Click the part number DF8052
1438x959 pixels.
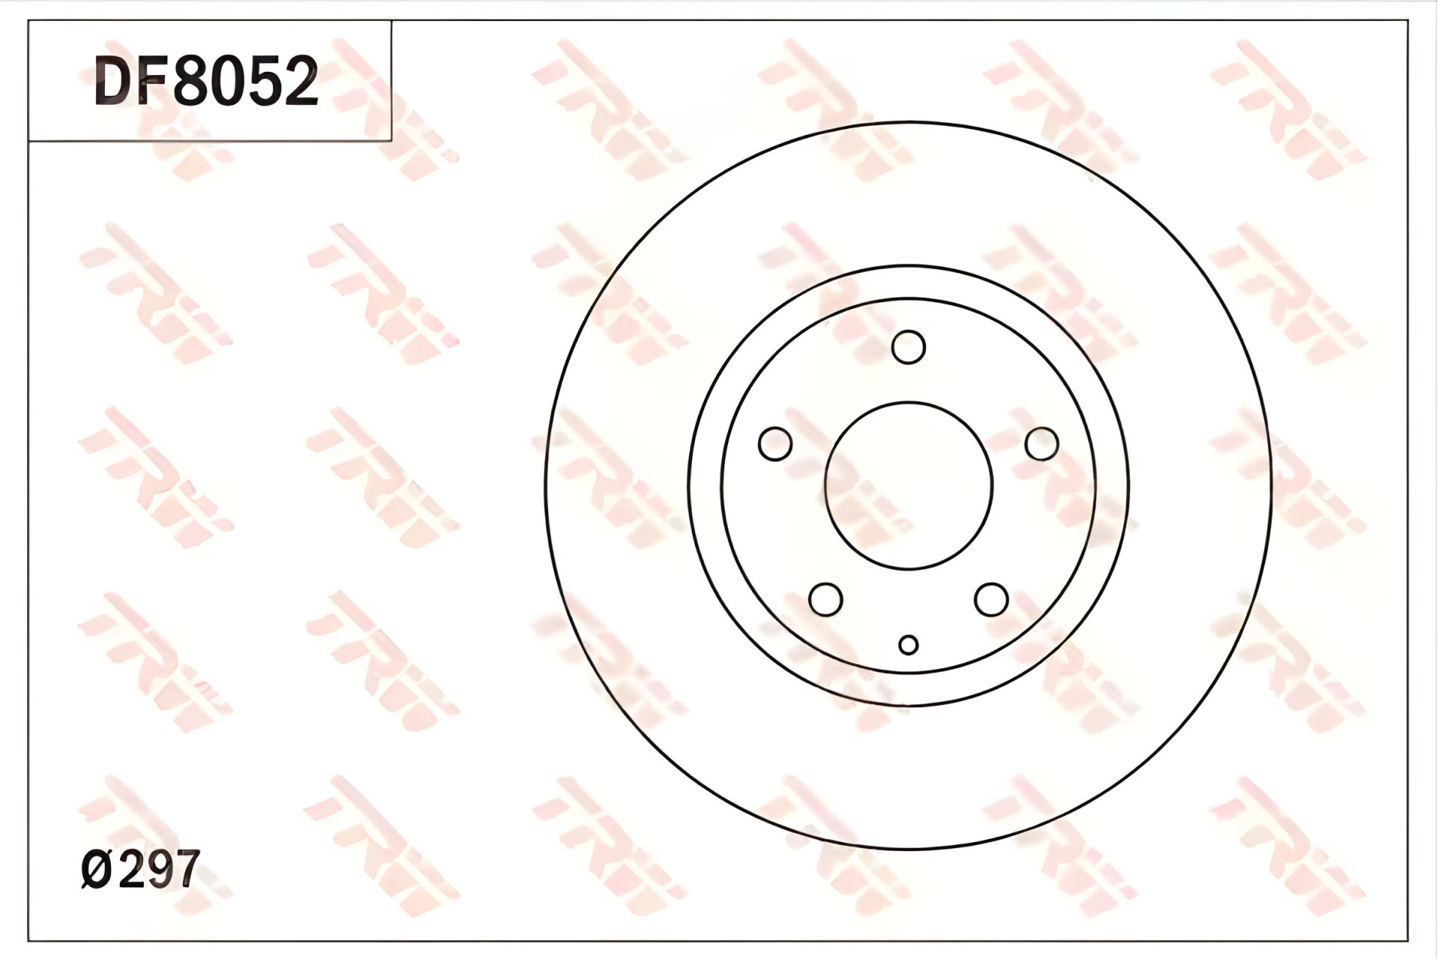(207, 82)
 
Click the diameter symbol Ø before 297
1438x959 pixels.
(97, 870)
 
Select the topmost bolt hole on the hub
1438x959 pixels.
(908, 347)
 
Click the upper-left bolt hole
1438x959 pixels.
(775, 444)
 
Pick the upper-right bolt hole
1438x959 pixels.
(1042, 444)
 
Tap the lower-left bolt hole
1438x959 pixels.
(826, 599)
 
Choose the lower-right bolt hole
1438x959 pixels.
(991, 599)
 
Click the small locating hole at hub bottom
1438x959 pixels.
(908, 644)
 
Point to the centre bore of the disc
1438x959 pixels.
(908, 485)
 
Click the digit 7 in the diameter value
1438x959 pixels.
(185, 869)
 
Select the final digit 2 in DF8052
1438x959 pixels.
(302, 82)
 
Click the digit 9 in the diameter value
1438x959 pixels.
(160, 869)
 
